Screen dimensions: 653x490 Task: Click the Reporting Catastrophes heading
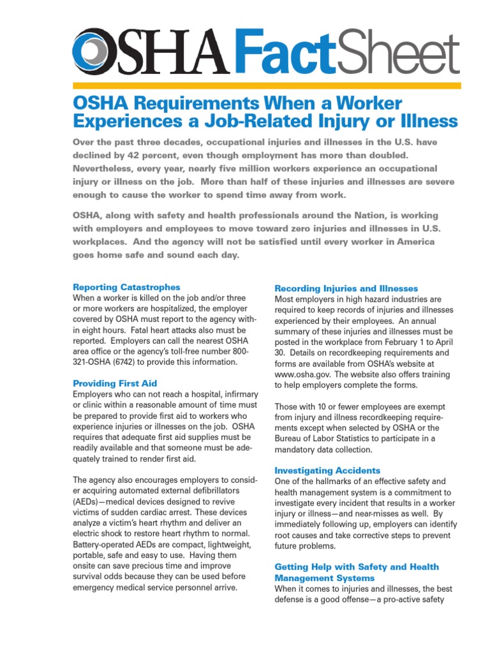tap(126, 287)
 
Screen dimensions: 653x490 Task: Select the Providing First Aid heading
tap(115, 383)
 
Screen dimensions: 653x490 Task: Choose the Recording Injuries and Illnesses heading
tap(346, 288)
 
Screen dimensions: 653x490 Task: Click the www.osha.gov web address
tap(302, 375)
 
